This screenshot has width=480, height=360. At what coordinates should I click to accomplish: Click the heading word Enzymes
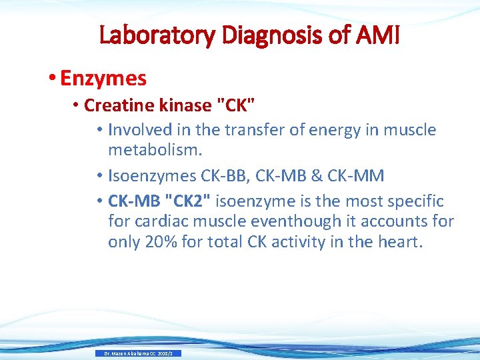[103, 78]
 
